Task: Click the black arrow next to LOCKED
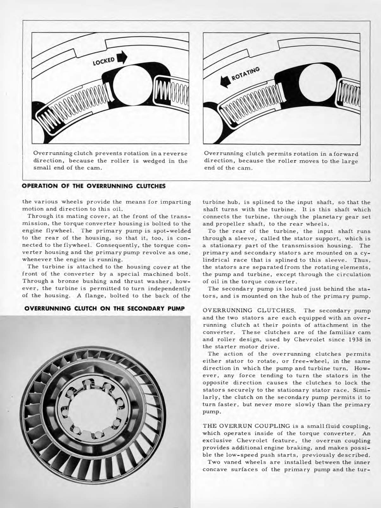click(x=122, y=57)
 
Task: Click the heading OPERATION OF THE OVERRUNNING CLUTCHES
click(x=93, y=186)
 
